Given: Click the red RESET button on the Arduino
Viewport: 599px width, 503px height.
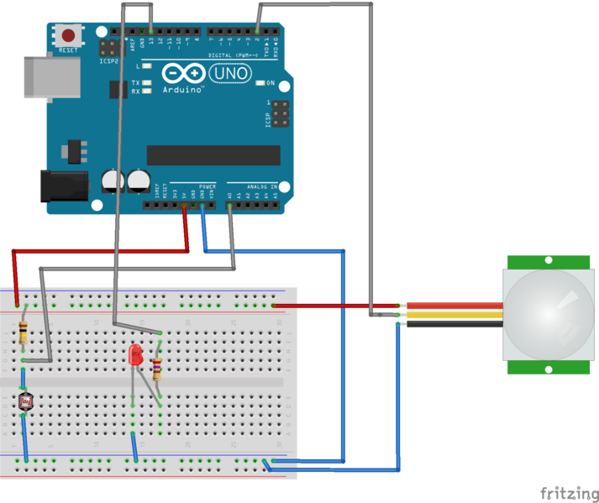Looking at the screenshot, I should point(69,36).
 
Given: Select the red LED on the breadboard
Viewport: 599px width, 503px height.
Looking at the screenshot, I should point(135,355).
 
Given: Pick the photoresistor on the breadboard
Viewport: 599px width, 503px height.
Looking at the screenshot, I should point(24,402).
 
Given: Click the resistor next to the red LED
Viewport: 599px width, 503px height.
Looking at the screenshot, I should point(158,366).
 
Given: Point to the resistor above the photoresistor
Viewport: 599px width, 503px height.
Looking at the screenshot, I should point(24,333).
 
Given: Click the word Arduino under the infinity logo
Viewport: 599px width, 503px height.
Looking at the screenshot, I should point(184,90).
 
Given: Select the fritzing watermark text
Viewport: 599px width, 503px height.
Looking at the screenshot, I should point(569,492).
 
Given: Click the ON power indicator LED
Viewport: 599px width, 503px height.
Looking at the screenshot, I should point(260,83).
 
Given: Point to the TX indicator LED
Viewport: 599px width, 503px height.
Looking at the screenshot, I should point(147,83).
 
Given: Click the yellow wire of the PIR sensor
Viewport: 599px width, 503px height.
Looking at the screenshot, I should point(454,315).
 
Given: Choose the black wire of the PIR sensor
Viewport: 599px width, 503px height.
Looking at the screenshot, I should point(454,323).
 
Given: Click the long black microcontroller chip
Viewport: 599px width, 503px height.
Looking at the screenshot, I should point(213,155).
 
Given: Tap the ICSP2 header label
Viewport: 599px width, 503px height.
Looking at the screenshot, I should point(108,60).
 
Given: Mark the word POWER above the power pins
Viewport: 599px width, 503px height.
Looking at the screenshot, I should point(208,186).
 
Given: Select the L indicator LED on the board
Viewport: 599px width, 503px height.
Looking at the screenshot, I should point(147,65).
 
